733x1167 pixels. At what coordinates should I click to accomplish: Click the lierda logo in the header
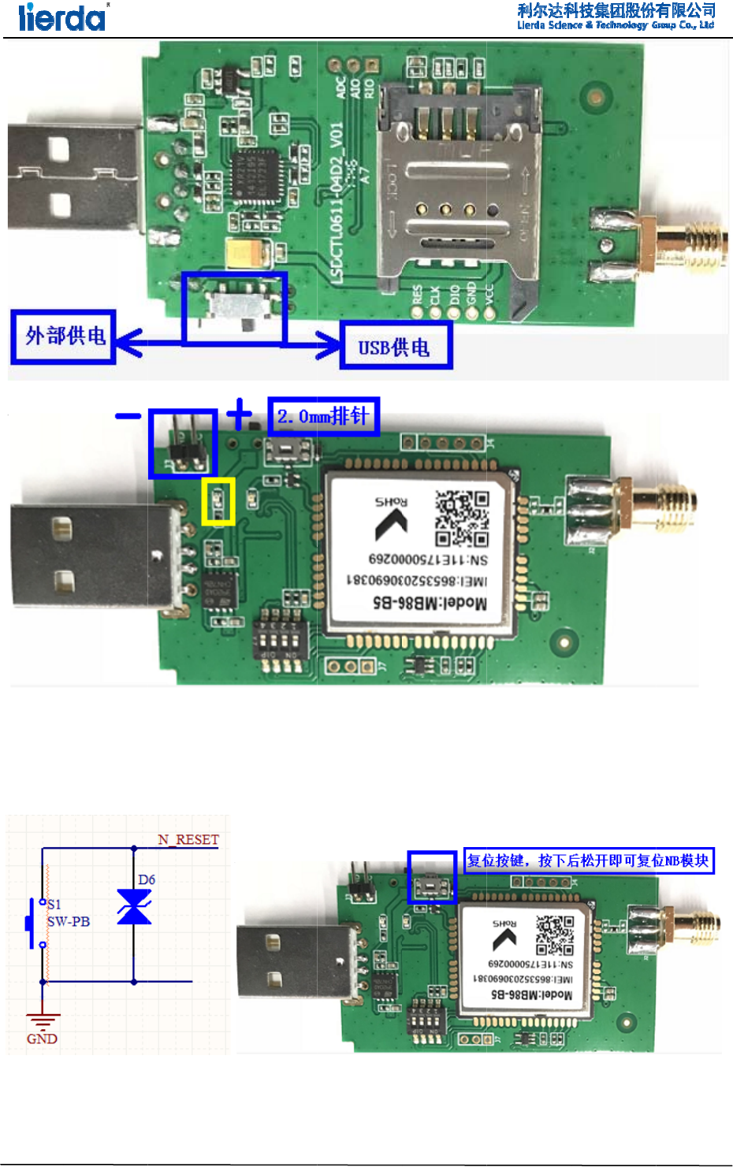pos(63,17)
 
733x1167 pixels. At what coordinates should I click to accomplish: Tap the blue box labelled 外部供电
pos(64,336)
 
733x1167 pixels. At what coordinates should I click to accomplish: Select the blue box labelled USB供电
pos(396,346)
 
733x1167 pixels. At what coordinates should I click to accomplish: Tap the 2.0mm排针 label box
pos(323,416)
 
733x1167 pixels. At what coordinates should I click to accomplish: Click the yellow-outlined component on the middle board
pos(218,501)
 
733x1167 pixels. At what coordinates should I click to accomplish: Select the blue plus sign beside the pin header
pos(239,412)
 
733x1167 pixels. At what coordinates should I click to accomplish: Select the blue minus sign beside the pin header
pos(128,415)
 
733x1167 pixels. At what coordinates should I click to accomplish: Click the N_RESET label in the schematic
pos(188,839)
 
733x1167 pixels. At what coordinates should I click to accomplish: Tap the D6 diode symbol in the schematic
pos(134,906)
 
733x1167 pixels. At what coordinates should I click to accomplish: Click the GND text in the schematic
pos(42,1039)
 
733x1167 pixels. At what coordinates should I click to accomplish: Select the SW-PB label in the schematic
pos(69,921)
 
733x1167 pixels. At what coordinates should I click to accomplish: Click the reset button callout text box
pos(589,860)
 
